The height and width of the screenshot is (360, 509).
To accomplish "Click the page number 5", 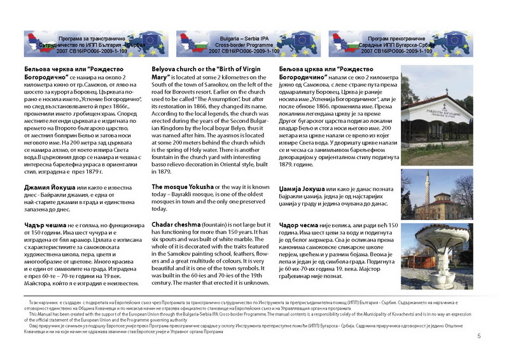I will [496, 345].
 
